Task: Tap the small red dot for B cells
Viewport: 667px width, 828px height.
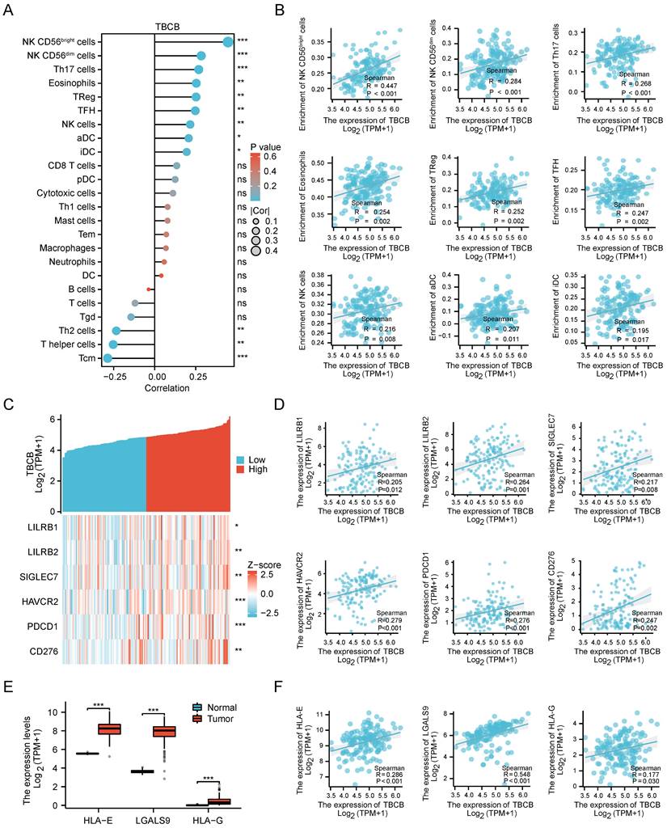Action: [149, 289]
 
